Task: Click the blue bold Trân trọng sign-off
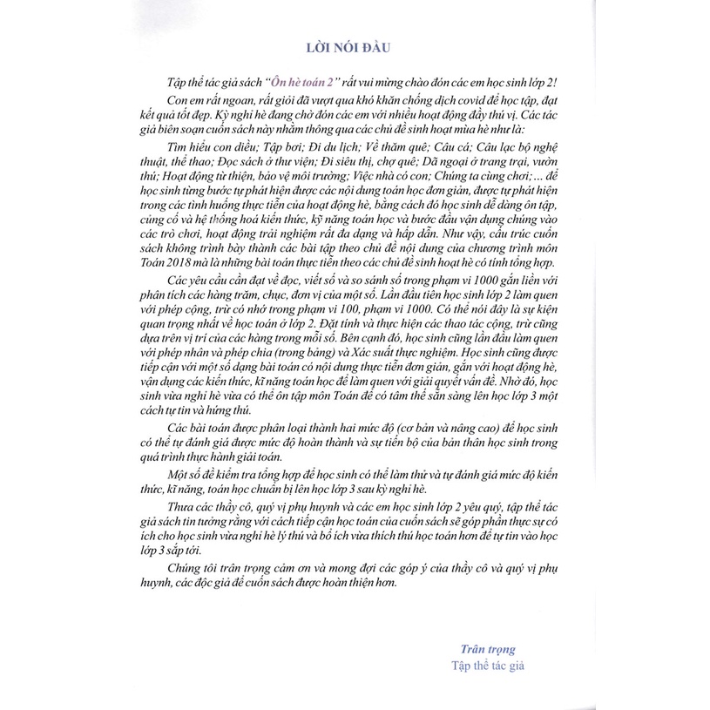(x=488, y=648)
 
